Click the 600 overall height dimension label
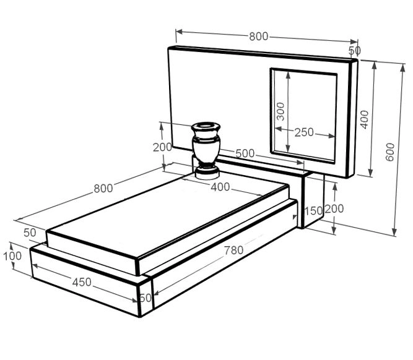(x=390, y=152)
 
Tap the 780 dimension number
(x=233, y=250)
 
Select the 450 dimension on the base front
(x=82, y=282)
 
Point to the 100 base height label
(x=12, y=256)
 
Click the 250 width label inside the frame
(x=304, y=132)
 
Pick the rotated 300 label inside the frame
(x=280, y=111)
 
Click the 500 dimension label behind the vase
(x=245, y=153)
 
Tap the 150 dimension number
(x=313, y=211)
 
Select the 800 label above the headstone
(x=259, y=36)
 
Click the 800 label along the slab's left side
(x=103, y=189)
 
